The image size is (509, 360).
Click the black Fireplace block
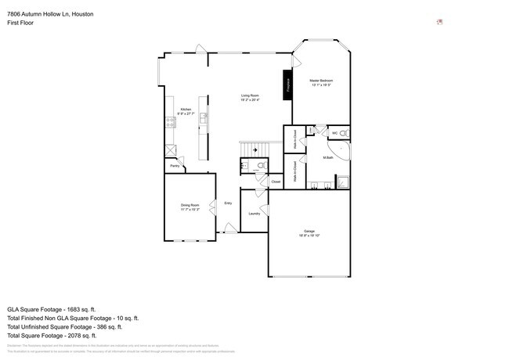pyautogui.click(x=287, y=84)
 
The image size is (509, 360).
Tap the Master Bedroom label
pyautogui.click(x=321, y=82)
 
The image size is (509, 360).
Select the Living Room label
pyautogui.click(x=250, y=98)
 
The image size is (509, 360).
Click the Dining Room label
pyautogui.click(x=190, y=207)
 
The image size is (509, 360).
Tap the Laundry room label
pyautogui.click(x=254, y=214)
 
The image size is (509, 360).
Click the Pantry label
pyautogui.click(x=175, y=166)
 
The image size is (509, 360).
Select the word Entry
pyautogui.click(x=228, y=203)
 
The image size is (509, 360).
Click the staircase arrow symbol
pyautogui.click(x=253, y=150)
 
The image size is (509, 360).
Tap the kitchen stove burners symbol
pyautogui.click(x=169, y=121)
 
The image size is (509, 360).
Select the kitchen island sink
pyautogui.click(x=202, y=118)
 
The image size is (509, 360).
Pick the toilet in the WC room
pyautogui.click(x=345, y=134)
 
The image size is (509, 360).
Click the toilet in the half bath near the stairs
pyautogui.click(x=260, y=165)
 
